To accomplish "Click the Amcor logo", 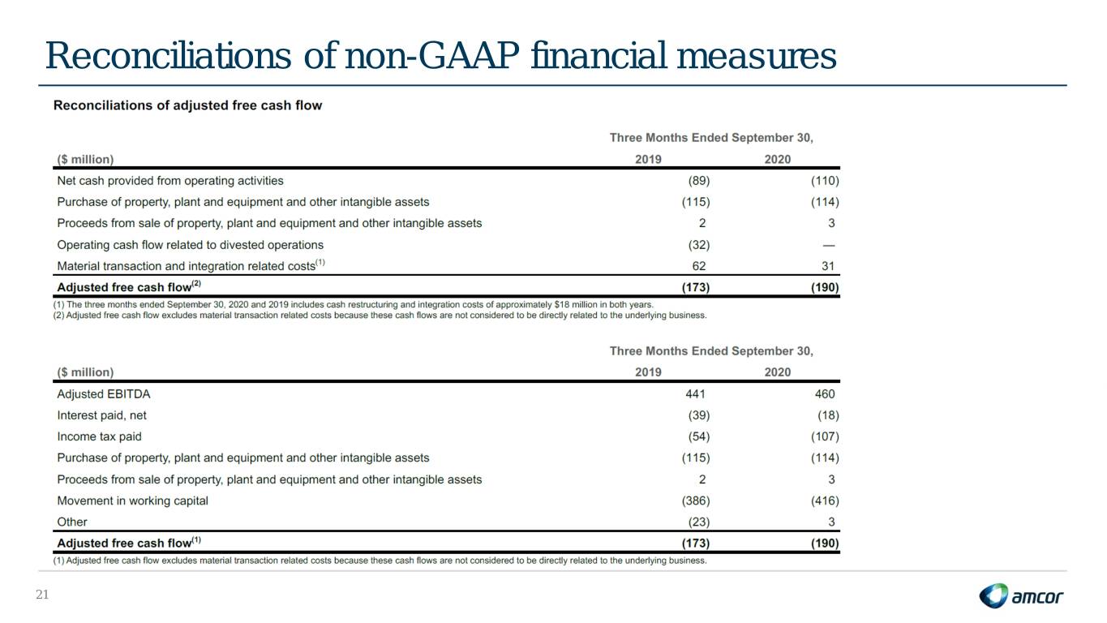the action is click(x=1021, y=595).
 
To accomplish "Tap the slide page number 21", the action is click(x=42, y=595).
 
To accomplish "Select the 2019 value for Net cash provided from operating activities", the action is click(x=699, y=181).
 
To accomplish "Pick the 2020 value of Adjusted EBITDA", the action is click(x=824, y=394).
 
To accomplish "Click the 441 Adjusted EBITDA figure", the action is click(x=695, y=394).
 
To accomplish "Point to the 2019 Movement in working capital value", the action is click(x=696, y=501).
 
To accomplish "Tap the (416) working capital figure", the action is click(x=825, y=501).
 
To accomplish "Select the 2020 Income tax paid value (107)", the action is click(x=825, y=436).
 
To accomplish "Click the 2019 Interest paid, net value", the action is click(x=699, y=415).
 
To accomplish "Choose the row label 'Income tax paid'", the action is click(x=99, y=436).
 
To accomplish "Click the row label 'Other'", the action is click(x=72, y=522).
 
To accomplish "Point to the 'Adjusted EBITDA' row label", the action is click(x=104, y=394).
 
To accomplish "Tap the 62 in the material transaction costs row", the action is click(x=699, y=266).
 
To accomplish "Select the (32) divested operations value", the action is click(x=699, y=245).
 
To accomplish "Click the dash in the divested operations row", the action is click(x=829, y=245).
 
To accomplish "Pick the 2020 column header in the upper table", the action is click(x=778, y=159).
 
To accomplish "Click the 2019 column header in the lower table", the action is click(x=648, y=372).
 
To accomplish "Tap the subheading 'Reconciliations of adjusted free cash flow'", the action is click(x=188, y=105).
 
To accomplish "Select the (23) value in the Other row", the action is click(x=699, y=522).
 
